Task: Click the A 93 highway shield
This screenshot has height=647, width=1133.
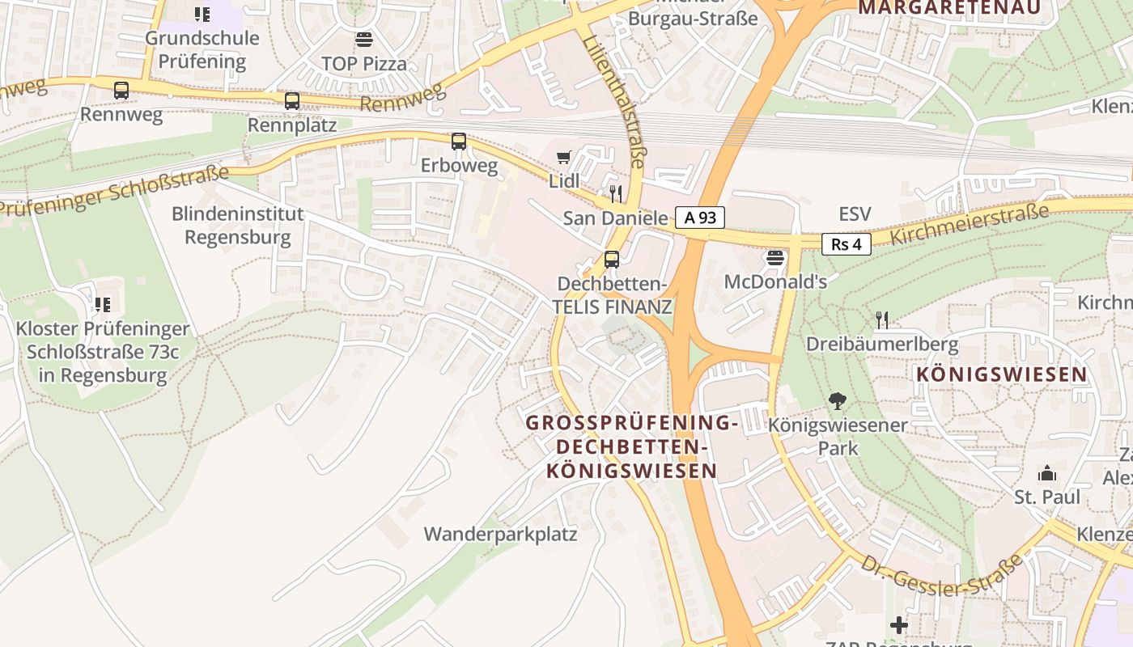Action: click(x=700, y=217)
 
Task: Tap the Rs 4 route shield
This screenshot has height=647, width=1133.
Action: click(x=846, y=243)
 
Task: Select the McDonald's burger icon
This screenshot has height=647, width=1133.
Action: click(x=775, y=259)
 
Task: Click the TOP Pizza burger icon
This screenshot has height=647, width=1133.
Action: click(x=364, y=40)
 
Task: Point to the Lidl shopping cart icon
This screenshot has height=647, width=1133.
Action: click(x=563, y=157)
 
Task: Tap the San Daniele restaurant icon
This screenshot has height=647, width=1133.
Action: click(x=616, y=193)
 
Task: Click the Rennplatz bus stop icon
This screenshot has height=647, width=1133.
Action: click(x=292, y=101)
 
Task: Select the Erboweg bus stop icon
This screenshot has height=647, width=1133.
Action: click(x=459, y=142)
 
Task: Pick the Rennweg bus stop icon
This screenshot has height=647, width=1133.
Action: click(x=121, y=91)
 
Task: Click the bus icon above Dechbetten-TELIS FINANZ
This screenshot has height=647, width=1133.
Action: click(x=612, y=260)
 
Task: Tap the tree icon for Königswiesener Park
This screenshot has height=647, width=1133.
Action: click(x=838, y=400)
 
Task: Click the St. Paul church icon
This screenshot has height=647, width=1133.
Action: click(x=1047, y=472)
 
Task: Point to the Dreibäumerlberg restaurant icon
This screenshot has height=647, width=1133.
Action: click(x=882, y=320)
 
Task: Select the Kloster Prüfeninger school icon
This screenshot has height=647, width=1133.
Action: click(x=102, y=305)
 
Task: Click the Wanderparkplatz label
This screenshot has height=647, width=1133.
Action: click(x=500, y=535)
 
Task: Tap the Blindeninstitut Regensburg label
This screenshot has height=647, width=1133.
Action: click(x=237, y=226)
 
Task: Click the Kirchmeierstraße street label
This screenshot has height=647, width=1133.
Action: click(x=970, y=224)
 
